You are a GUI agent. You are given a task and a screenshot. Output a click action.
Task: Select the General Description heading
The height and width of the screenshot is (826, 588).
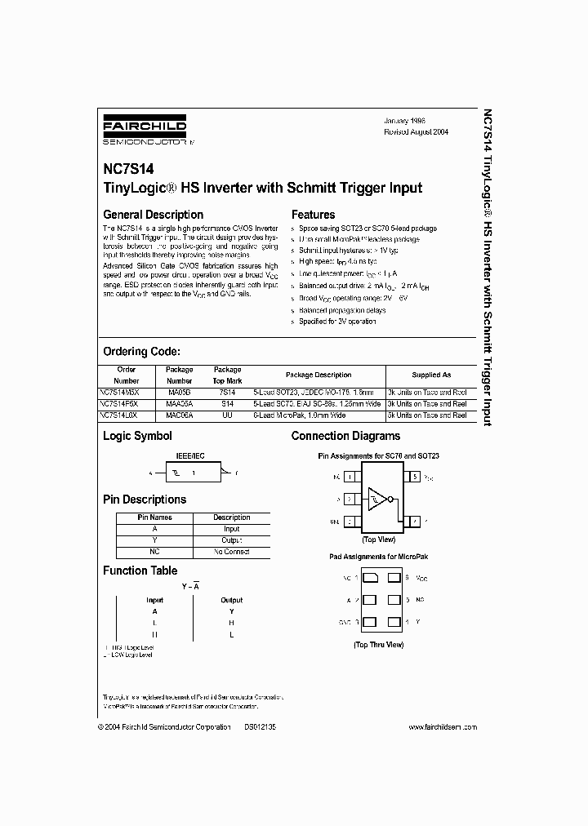tap(153, 215)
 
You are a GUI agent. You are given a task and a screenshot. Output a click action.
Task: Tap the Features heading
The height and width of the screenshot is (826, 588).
tap(314, 215)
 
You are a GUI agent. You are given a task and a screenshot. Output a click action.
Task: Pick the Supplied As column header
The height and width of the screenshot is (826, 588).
tap(430, 375)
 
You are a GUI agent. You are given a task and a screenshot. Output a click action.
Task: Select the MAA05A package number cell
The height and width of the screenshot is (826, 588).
tap(179, 403)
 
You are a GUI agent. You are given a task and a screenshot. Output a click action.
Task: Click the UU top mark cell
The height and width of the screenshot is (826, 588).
tap(227, 415)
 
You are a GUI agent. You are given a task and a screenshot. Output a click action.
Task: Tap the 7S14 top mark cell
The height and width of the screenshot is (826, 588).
tap(227, 392)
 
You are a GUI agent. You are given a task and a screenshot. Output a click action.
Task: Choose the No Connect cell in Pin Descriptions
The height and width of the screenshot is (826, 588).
tap(231, 552)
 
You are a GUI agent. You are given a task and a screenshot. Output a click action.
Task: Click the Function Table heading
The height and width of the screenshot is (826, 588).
tap(140, 571)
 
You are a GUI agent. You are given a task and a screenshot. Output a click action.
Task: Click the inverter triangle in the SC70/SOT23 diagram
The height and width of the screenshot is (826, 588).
tap(376, 498)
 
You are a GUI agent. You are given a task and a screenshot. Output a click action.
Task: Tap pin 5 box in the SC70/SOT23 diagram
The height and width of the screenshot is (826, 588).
tap(415, 476)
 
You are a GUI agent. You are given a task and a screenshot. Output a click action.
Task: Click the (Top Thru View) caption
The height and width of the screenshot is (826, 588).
tap(378, 644)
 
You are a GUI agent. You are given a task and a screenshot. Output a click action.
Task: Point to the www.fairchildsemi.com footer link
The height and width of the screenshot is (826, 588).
tap(442, 726)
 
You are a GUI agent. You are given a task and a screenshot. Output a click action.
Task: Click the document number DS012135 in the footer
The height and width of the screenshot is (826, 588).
tap(260, 726)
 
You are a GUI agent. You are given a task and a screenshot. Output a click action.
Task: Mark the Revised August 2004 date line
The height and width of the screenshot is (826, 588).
tap(416, 131)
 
